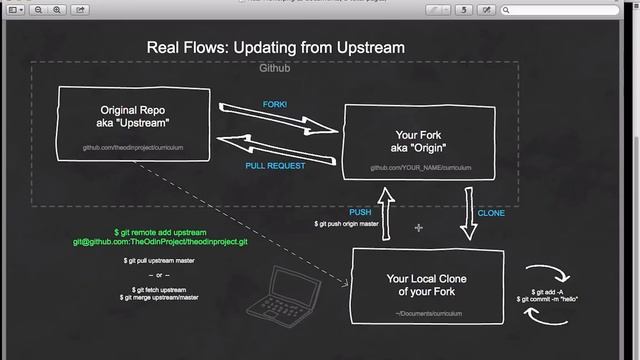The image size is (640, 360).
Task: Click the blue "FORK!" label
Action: point(274,104)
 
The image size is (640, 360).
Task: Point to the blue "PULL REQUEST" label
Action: point(275,166)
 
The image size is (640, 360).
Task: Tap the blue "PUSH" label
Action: point(360,212)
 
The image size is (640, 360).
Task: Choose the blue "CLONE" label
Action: point(491,213)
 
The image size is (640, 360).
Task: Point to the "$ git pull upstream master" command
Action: point(159,260)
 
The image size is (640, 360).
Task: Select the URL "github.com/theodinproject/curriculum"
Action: point(133,148)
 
